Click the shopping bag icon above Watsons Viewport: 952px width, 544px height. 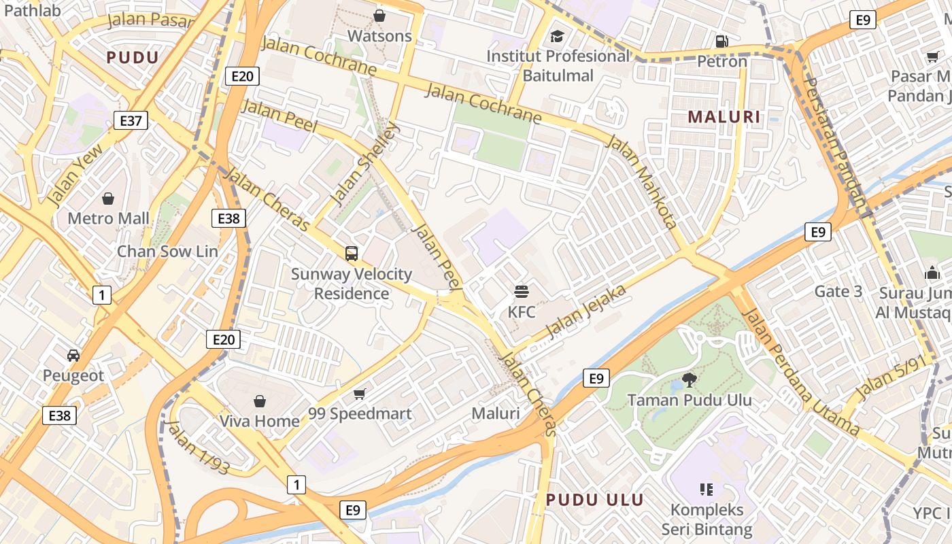(379, 15)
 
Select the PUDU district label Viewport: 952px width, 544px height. (133, 58)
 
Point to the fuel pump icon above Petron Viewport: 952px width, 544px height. (722, 41)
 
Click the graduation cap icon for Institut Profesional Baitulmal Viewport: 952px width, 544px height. (558, 36)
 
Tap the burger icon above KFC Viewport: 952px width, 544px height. (522, 292)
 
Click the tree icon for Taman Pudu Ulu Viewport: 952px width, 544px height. (689, 379)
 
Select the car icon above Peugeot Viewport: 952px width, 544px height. (73, 355)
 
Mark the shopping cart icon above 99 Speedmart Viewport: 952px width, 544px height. (360, 394)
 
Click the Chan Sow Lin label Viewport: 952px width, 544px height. (167, 252)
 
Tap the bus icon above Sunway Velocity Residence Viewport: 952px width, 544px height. (352, 254)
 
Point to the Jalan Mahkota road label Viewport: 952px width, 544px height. (642, 182)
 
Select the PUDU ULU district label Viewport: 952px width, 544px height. (595, 500)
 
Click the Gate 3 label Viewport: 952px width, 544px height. (838, 292)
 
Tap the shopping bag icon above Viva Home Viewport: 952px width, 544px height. (259, 401)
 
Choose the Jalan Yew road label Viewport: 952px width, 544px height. (75, 174)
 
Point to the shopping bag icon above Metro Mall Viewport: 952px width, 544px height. (108, 199)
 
